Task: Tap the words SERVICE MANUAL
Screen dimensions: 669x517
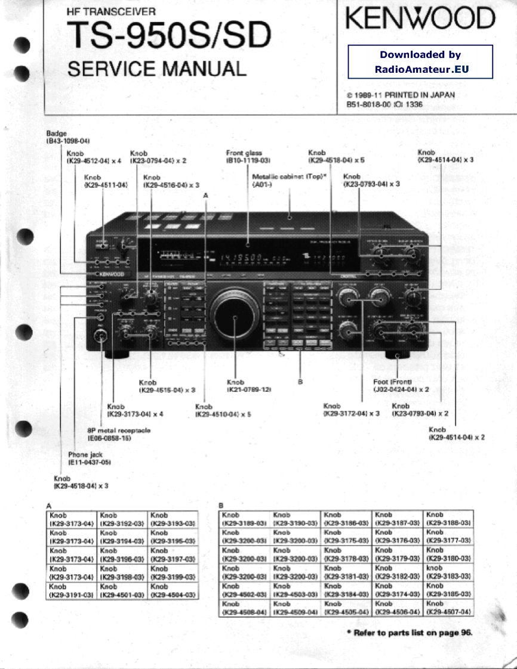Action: click(x=156, y=69)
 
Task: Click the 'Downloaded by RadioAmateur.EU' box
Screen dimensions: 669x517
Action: click(x=420, y=61)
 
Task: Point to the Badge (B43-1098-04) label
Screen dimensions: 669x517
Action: click(x=67, y=138)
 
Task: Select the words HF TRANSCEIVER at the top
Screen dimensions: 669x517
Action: click(x=111, y=11)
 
